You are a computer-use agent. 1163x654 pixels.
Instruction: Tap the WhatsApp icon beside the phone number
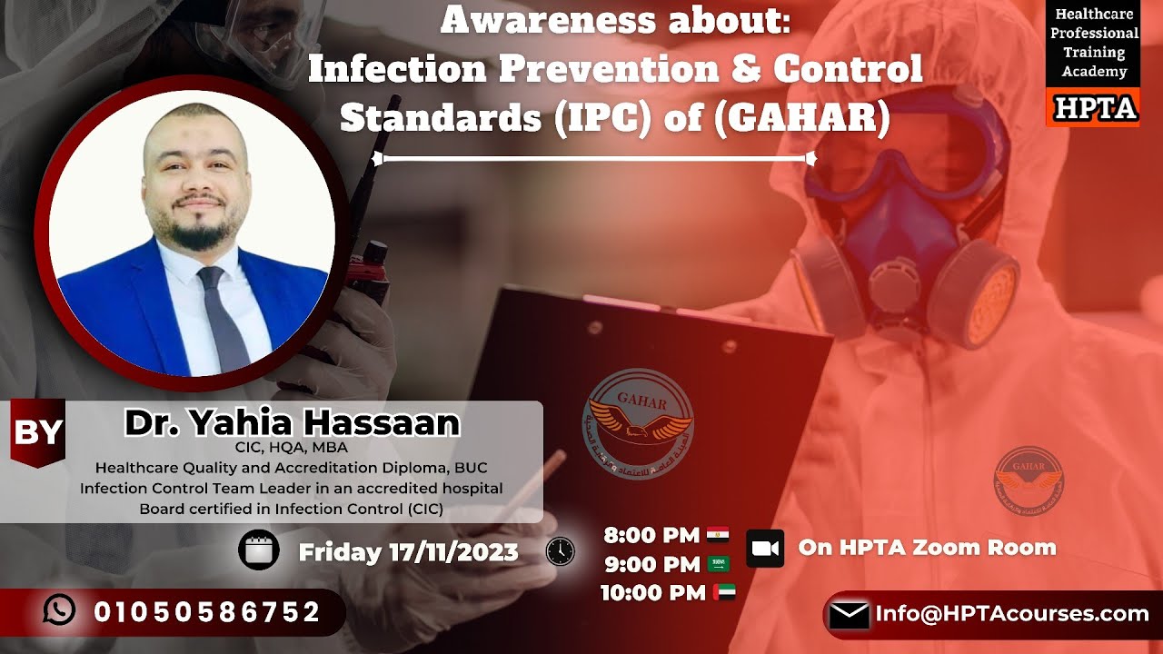tap(60, 611)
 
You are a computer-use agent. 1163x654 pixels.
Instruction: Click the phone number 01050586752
tap(207, 612)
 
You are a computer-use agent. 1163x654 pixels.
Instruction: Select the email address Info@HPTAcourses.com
tap(1011, 614)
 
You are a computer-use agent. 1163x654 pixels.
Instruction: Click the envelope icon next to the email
tap(849, 616)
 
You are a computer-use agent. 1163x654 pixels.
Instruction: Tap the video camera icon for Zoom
tap(765, 548)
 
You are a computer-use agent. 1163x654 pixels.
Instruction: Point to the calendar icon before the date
tap(259, 550)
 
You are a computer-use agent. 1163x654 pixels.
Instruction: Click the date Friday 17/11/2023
tap(408, 551)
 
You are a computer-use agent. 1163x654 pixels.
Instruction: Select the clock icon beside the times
tap(560, 551)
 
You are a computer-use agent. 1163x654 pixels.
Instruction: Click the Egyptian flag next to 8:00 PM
tap(718, 535)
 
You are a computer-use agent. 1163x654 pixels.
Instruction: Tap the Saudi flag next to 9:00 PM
tap(719, 564)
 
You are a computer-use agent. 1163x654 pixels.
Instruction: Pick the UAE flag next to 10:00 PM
tap(724, 593)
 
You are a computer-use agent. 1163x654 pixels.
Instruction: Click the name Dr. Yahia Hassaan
tap(292, 422)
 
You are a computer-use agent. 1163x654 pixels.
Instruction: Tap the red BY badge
tap(37, 432)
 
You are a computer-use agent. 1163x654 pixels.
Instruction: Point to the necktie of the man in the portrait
tap(222, 318)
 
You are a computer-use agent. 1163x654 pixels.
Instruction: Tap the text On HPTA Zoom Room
tap(927, 547)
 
